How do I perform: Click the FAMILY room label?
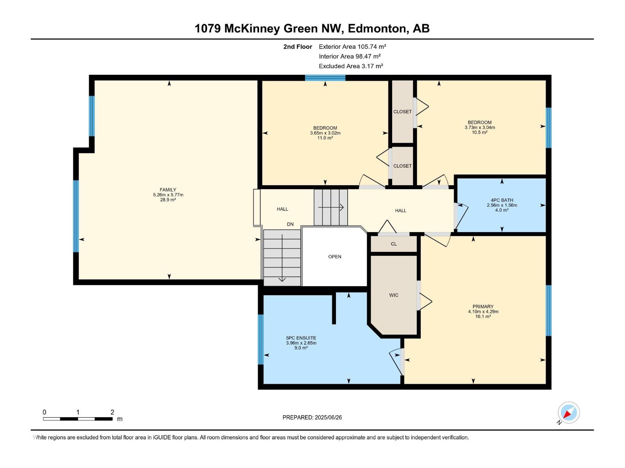pos(168,190)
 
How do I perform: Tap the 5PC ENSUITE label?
pos(301,338)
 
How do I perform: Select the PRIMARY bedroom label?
pos(483,307)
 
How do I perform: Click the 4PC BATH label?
pos(502,200)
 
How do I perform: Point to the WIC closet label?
pos(394,295)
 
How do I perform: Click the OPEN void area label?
pos(335,257)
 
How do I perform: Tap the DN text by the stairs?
pos(290,224)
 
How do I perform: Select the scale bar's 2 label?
pos(112,412)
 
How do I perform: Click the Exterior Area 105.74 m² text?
pos(352,46)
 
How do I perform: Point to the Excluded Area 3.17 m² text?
pos(351,66)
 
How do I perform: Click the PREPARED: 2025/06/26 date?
pos(312,417)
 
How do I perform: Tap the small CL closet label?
pos(394,244)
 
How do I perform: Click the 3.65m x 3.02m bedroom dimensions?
pos(325,133)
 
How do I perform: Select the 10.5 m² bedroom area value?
pos(479,132)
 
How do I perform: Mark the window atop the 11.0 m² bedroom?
pos(325,78)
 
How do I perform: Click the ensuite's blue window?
pos(261,339)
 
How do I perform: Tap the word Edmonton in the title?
pos(377,28)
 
